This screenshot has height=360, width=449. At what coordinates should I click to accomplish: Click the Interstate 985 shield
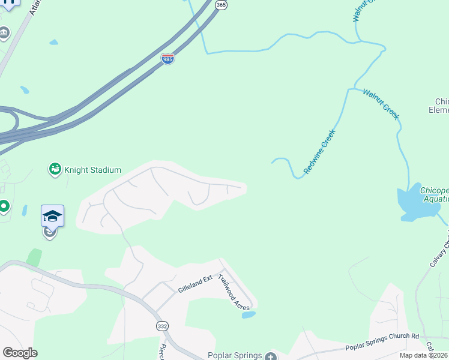point(167,59)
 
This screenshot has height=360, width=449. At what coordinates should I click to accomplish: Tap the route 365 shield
point(221,4)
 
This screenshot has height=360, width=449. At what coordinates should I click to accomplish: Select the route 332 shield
point(163,326)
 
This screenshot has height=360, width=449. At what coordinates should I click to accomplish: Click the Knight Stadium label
point(94,170)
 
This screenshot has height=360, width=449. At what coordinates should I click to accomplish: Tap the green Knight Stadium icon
point(55,170)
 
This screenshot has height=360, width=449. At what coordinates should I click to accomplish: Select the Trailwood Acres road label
point(234,292)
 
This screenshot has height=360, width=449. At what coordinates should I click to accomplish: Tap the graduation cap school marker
point(52,215)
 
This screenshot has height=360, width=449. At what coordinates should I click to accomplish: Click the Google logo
point(20,353)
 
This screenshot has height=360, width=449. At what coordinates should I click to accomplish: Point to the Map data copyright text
point(424,355)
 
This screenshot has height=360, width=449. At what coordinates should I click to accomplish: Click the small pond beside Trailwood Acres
point(249,314)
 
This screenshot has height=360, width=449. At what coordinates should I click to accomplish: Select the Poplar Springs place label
point(235,355)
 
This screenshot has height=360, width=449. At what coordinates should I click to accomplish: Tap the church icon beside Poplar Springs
point(270,356)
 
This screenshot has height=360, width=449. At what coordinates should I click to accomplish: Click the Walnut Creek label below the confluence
point(381,103)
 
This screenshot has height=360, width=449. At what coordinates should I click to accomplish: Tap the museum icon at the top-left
point(4,33)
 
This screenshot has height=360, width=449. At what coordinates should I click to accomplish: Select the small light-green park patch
point(34,257)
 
